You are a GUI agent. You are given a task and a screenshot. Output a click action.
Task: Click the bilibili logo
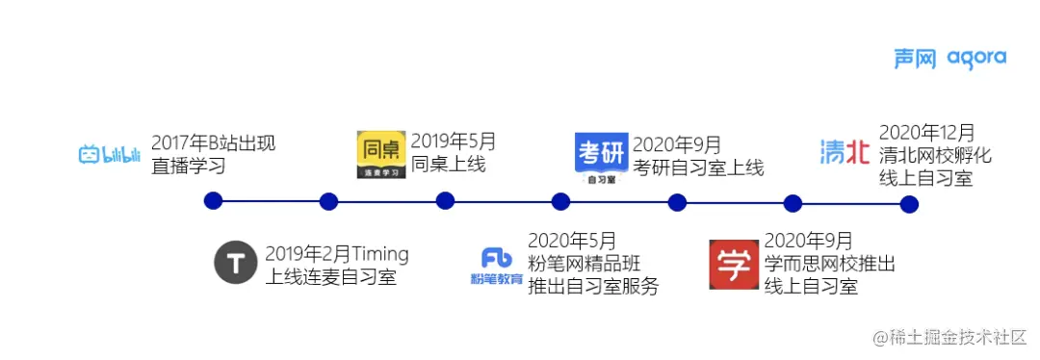[110, 154]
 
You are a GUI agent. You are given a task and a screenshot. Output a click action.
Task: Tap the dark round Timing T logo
[235, 265]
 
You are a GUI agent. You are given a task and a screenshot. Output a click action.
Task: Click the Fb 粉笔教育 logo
[497, 265]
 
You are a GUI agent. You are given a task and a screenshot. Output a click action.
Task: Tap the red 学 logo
[734, 265]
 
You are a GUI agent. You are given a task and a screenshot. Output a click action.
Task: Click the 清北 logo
[844, 152]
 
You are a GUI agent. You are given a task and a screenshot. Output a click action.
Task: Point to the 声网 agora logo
[949, 59]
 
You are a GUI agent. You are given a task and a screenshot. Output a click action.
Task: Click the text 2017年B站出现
[214, 143]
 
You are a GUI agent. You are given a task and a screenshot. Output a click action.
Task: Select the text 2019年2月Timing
[337, 254]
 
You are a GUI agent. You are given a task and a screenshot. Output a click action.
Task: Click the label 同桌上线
[449, 165]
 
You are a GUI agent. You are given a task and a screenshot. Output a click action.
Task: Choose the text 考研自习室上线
[699, 167]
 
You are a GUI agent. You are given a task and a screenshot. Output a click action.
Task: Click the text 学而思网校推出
[830, 264]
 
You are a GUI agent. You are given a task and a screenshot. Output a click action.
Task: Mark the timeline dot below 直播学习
[214, 201]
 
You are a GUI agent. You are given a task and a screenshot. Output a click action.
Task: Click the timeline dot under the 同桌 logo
[445, 201]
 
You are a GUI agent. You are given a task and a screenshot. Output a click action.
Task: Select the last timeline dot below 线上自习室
[909, 204]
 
